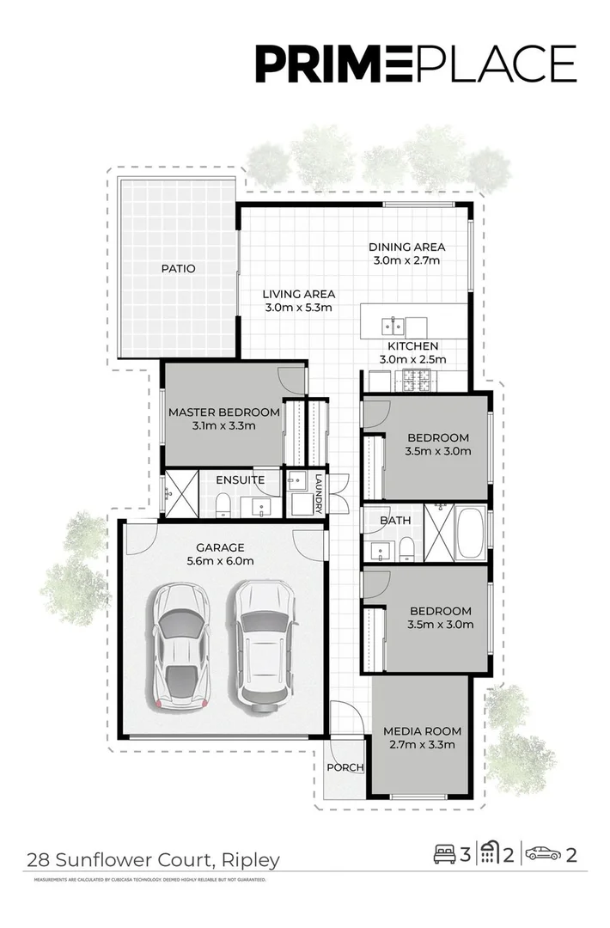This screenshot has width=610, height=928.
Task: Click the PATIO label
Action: (x=178, y=269)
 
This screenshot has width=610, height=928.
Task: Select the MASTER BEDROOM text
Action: (x=223, y=412)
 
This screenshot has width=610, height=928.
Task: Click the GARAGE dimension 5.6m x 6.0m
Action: (x=220, y=562)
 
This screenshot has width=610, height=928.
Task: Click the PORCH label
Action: (x=345, y=767)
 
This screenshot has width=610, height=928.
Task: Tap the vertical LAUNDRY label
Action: (x=318, y=493)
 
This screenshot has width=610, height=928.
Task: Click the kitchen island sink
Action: (x=394, y=326)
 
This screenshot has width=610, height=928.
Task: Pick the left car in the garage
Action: (x=180, y=644)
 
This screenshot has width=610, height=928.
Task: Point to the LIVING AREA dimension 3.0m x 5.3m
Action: (x=298, y=308)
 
